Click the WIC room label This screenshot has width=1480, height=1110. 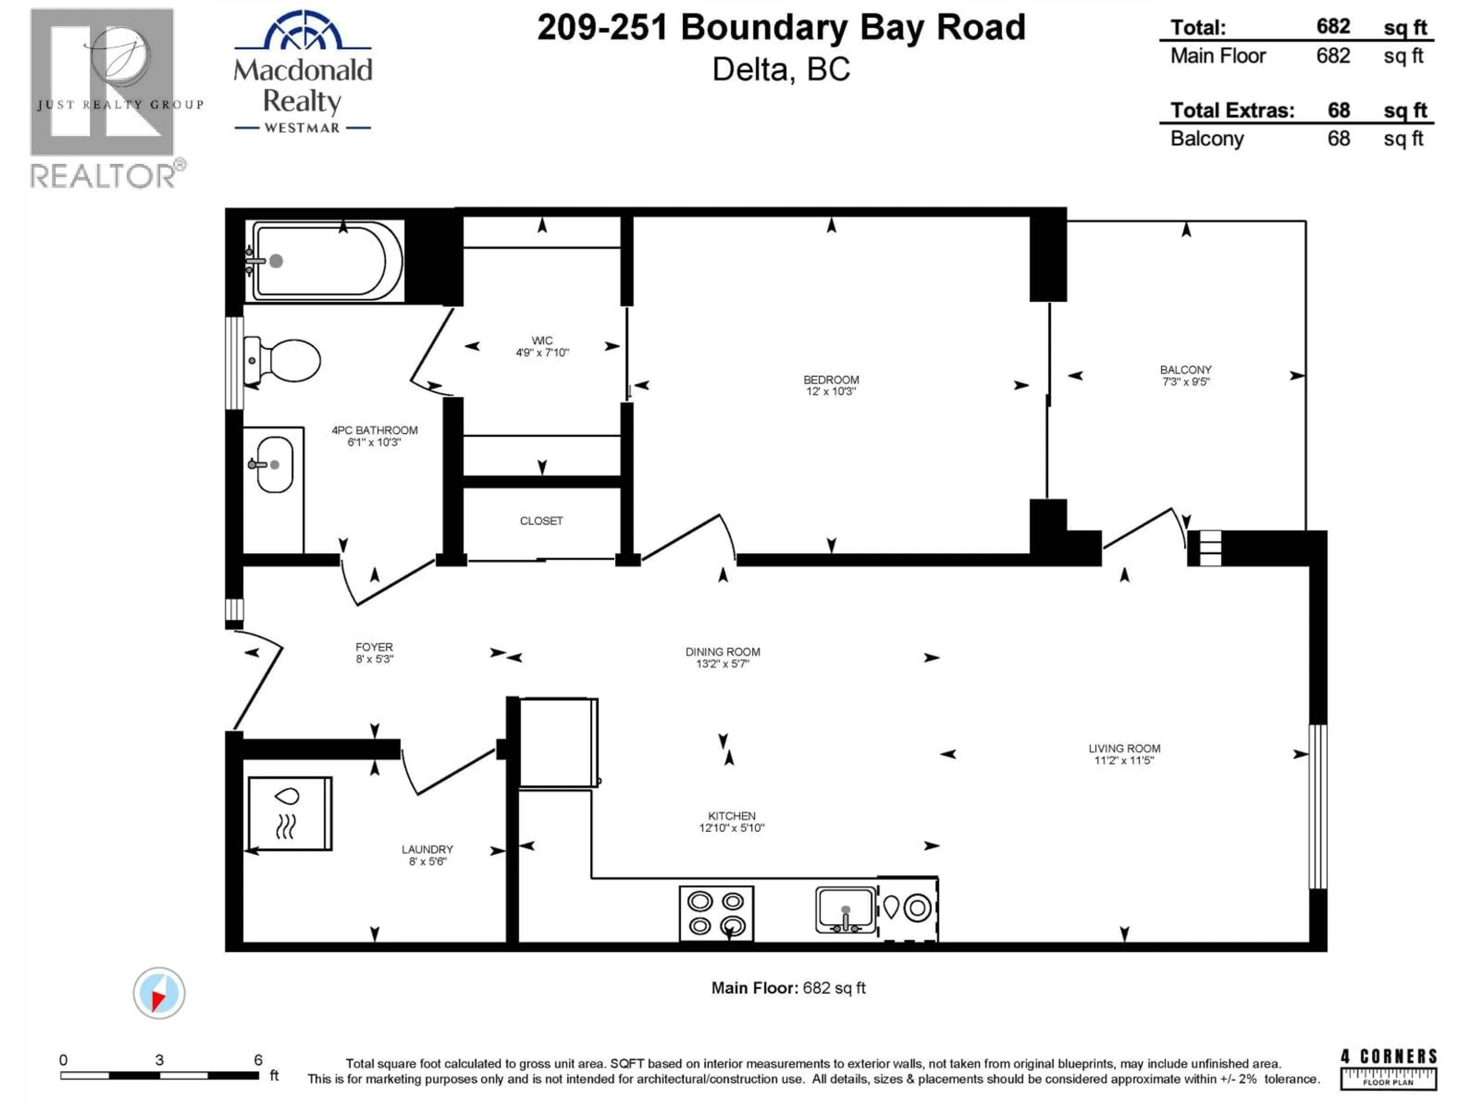pyautogui.click(x=542, y=341)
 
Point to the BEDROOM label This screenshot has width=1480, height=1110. pyautogui.click(x=831, y=379)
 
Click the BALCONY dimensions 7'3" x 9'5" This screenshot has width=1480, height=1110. pyautogui.click(x=1186, y=382)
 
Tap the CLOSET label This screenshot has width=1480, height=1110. pyautogui.click(x=541, y=521)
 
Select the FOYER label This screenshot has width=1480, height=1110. pyautogui.click(x=374, y=647)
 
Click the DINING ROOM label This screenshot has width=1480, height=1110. pyautogui.click(x=723, y=652)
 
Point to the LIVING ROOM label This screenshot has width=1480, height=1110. pyautogui.click(x=1124, y=748)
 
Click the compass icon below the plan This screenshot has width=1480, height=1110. pyautogui.click(x=158, y=993)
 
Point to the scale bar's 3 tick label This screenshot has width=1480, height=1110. pyautogui.click(x=159, y=1059)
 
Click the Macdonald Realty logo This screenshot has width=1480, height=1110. pyautogui.click(x=303, y=74)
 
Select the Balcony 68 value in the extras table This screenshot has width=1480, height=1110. pyautogui.click(x=1338, y=138)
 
